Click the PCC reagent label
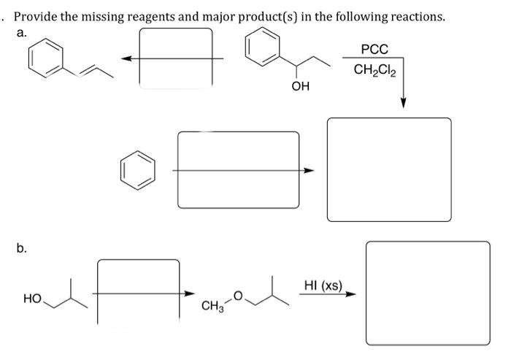click(374, 50)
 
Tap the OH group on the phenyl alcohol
click(300, 87)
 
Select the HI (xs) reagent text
click(322, 286)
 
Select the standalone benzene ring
click(138, 169)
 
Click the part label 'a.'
click(21, 34)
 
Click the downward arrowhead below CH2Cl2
click(403, 104)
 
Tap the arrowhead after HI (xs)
click(352, 295)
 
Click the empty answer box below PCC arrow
click(388, 169)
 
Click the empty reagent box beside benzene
click(238, 169)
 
